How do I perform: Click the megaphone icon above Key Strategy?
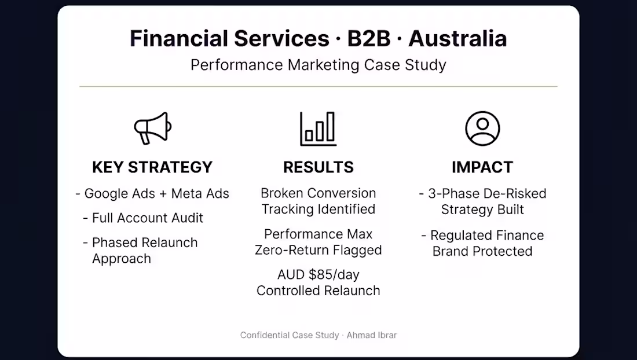[x=152, y=128]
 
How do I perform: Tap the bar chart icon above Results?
[x=318, y=128]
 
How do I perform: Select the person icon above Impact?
[x=482, y=128]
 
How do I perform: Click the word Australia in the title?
[x=457, y=39]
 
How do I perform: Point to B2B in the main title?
[x=368, y=39]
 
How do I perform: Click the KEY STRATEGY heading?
[x=152, y=167]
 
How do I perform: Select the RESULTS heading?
[x=318, y=167]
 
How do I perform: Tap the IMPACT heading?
[x=482, y=167]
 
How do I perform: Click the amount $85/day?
[x=334, y=275]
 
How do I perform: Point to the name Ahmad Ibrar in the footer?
[x=372, y=335]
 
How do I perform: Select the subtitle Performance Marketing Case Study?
[x=318, y=65]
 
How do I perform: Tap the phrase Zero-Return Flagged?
[x=318, y=250]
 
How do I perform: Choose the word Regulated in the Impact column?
[x=459, y=236]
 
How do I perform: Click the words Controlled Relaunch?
[x=318, y=291]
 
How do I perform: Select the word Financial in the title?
[x=179, y=39]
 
